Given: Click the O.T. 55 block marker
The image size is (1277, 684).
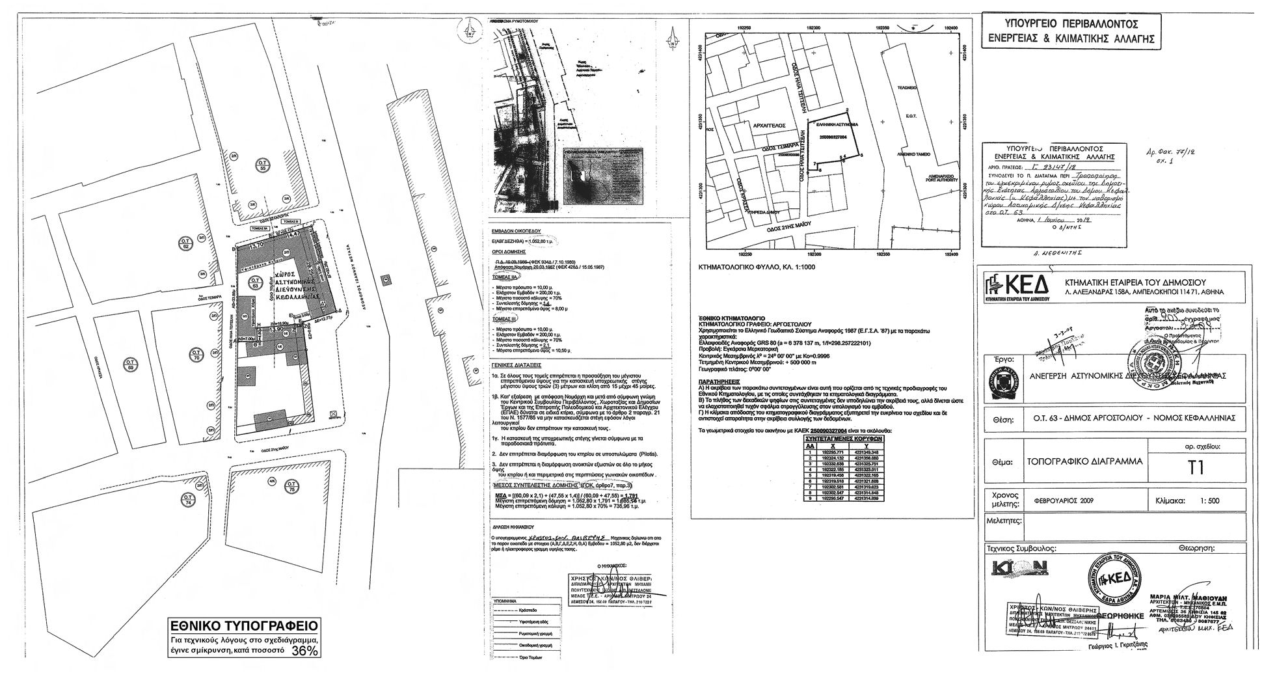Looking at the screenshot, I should (x=263, y=165).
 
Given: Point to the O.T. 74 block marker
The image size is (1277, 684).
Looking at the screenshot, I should (x=187, y=500).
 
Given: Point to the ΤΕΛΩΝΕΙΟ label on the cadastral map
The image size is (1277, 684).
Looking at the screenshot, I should (x=906, y=87).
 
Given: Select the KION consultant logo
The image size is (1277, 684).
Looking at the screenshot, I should (x=1018, y=568).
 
